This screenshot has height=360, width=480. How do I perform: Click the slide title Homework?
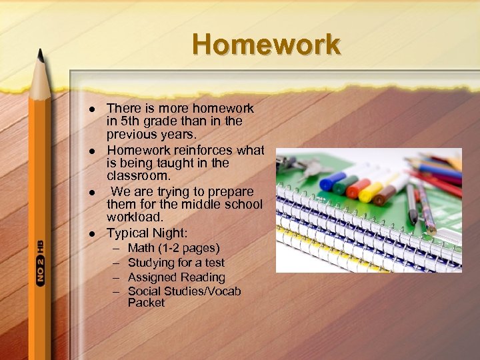click(266, 45)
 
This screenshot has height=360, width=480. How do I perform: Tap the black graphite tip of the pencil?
click(40, 53)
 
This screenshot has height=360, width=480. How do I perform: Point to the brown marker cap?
click(385, 196)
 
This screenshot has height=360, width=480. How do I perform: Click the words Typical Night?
click(147, 233)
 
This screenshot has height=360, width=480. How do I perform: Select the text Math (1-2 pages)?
click(173, 248)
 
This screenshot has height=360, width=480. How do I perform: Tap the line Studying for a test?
click(176, 263)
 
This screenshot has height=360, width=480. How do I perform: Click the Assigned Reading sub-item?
click(176, 277)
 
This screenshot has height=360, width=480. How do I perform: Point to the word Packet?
click(147, 303)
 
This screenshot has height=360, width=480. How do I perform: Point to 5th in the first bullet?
click(131, 121)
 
